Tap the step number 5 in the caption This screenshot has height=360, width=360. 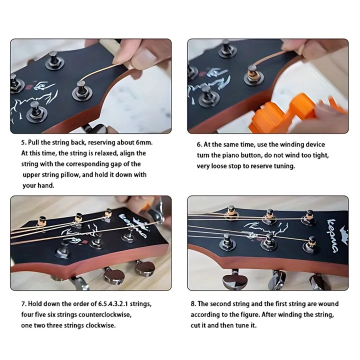coord(23,142)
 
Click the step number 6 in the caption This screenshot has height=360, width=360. coord(199,144)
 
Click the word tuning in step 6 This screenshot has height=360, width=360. coord(283,166)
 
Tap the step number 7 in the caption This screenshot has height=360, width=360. coord(23,304)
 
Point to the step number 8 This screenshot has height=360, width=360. coord(193,304)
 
